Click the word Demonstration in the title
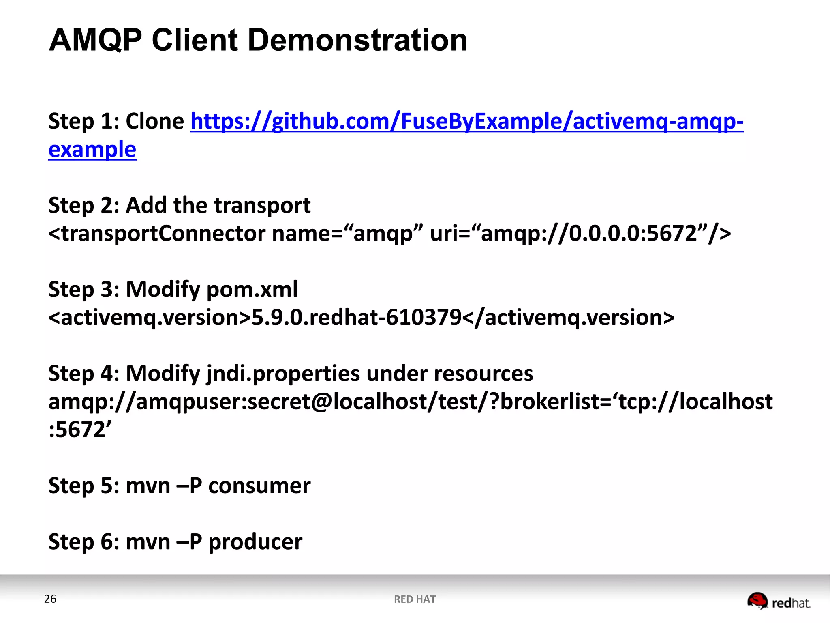click(357, 40)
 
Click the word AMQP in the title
click(96, 40)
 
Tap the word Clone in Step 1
click(155, 121)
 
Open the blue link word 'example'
click(92, 149)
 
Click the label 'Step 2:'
click(83, 205)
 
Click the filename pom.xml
click(252, 290)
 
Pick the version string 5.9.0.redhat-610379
click(357, 318)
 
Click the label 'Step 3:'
click(83, 290)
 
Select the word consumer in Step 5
click(259, 486)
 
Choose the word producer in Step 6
click(255, 542)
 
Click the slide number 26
click(50, 599)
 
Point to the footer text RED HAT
click(415, 599)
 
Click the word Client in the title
click(195, 40)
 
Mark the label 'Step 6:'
click(83, 542)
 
